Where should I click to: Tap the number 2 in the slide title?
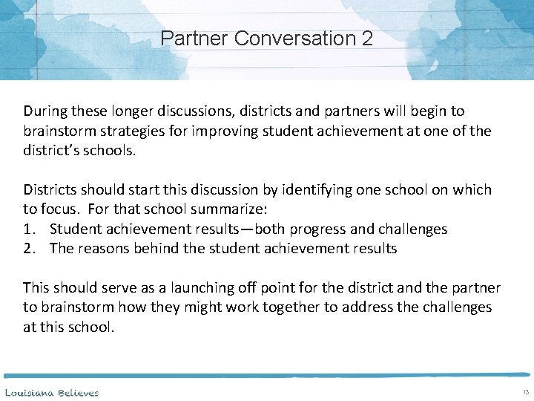point(368,38)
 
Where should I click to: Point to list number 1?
point(29,229)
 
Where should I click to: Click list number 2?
point(29,248)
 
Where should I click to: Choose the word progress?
point(320,229)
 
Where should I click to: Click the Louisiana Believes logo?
point(52,391)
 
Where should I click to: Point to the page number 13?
point(525,391)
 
